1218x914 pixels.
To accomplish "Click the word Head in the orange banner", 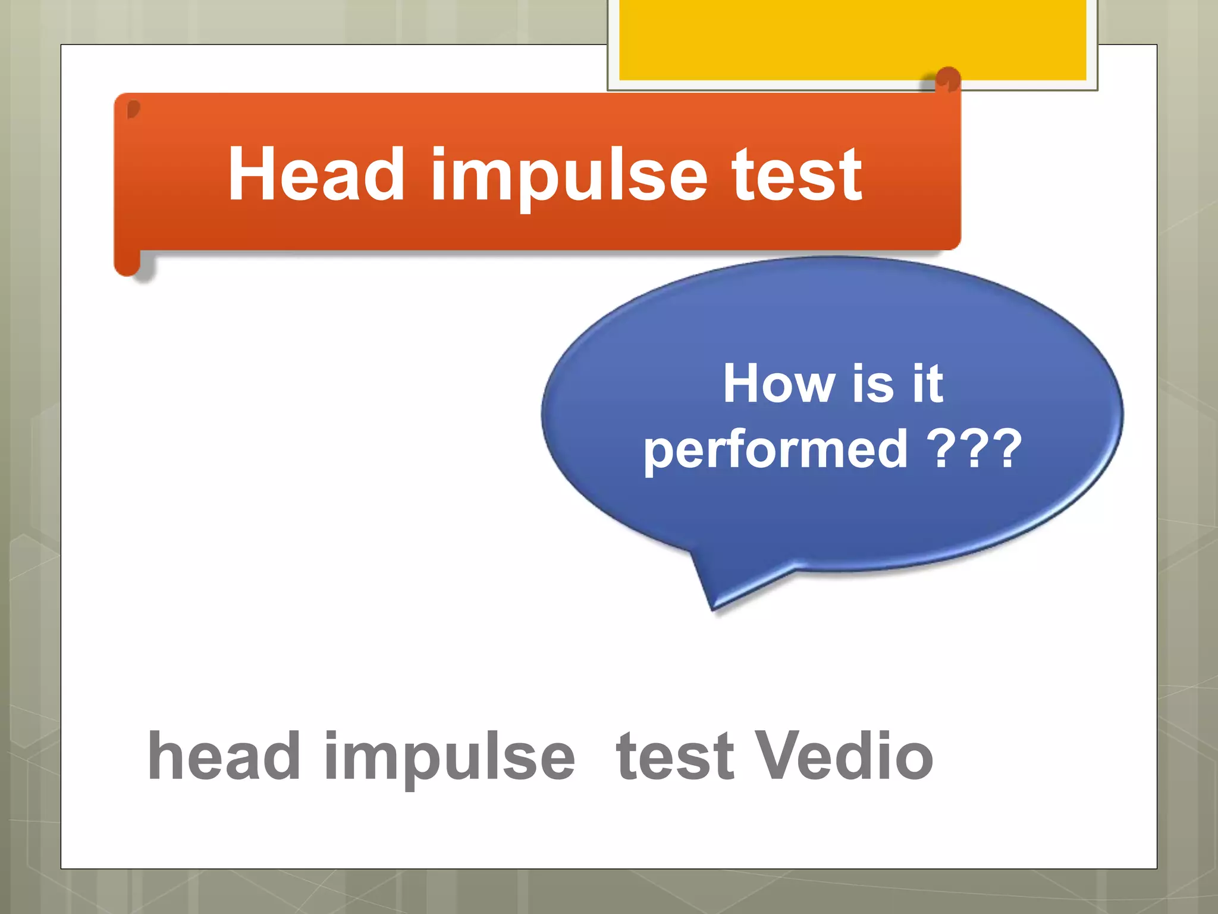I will [316, 175].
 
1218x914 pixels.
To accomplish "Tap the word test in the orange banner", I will [796, 175].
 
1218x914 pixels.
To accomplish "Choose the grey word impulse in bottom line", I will [450, 758].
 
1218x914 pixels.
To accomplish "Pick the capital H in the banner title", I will [250, 175].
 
